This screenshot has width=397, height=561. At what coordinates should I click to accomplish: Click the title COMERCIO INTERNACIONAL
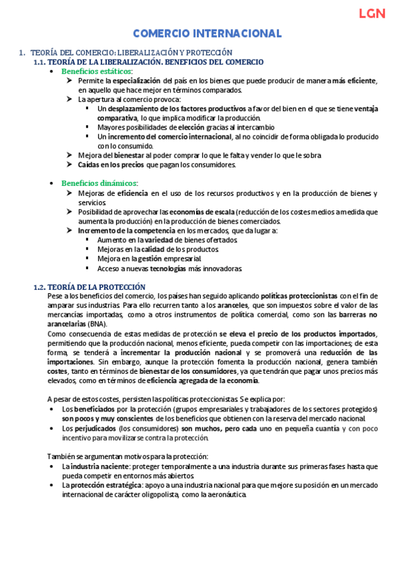[x=207, y=34]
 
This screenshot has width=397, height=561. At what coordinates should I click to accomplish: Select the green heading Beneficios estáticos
[x=97, y=71]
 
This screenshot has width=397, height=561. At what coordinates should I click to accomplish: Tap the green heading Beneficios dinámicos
[x=99, y=183]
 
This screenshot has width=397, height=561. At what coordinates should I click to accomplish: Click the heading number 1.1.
[x=40, y=62]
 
